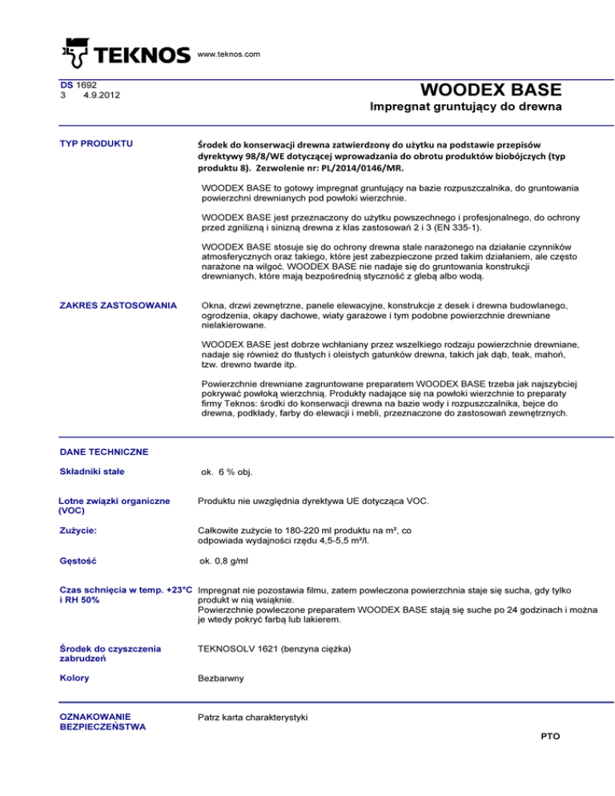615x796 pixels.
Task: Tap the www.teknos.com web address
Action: click(x=230, y=54)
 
